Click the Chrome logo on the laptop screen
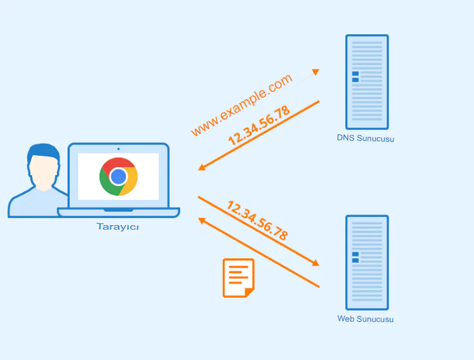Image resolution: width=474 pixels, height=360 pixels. [x=118, y=176]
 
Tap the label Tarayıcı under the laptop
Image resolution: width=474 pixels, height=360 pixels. [x=118, y=227]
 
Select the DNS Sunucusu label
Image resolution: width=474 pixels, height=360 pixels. [x=366, y=139]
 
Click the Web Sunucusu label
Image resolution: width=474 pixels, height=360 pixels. [x=366, y=319]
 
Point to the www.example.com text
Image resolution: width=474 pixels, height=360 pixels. [x=242, y=105]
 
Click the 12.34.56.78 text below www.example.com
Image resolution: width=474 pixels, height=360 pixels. [x=259, y=126]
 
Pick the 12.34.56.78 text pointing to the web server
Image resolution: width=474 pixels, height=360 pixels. [x=258, y=220]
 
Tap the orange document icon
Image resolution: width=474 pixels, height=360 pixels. [x=238, y=277]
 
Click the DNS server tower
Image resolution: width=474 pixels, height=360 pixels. [x=367, y=82]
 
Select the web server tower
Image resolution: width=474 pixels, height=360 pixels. [x=367, y=262]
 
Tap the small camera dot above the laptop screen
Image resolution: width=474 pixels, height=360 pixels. [x=118, y=149]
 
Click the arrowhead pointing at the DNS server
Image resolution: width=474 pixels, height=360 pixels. [x=316, y=72]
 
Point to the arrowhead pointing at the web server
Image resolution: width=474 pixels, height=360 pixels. [x=315, y=263]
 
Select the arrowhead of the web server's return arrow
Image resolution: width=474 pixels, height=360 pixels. [x=202, y=220]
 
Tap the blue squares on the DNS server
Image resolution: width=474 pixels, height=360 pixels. [x=355, y=76]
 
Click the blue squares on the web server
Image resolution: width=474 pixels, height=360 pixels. [x=355, y=257]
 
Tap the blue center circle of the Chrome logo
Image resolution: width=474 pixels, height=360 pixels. [x=118, y=176]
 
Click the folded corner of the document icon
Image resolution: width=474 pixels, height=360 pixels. [x=249, y=292]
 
